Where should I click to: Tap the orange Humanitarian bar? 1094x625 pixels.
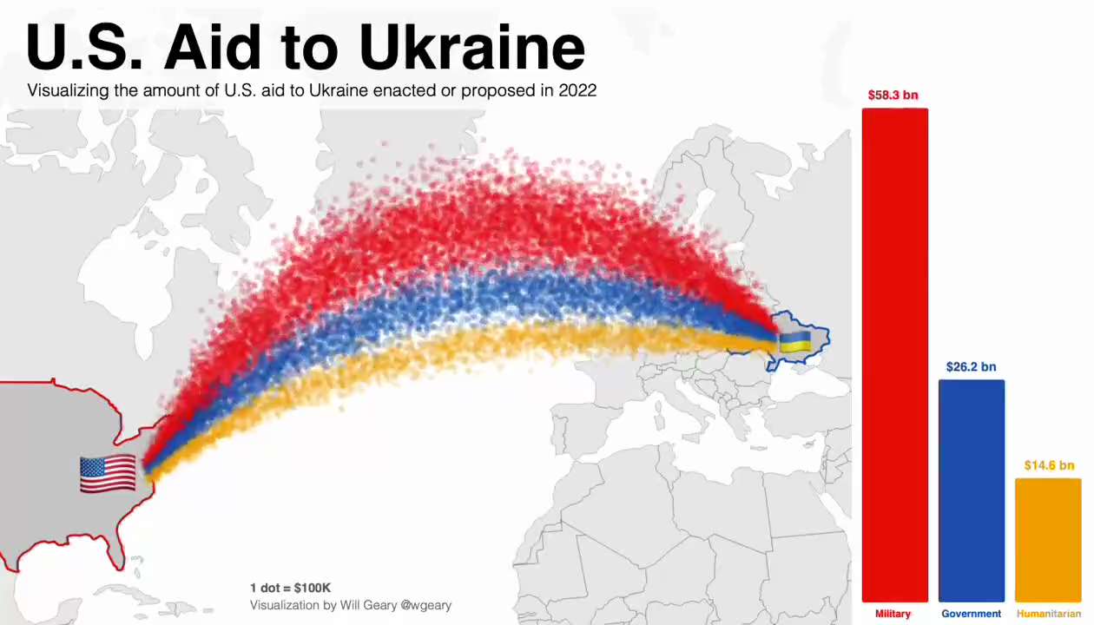[1048, 539]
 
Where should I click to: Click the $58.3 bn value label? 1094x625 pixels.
[893, 95]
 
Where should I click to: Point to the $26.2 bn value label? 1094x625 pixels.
[971, 367]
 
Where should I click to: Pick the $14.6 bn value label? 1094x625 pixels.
[1049, 465]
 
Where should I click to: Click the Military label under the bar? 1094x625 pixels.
[893, 614]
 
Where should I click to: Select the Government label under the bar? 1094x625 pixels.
[971, 614]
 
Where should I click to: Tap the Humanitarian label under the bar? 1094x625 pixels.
[1049, 614]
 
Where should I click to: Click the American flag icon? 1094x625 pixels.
[108, 474]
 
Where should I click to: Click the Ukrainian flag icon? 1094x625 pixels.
[794, 341]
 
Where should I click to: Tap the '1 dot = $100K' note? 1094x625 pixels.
[290, 588]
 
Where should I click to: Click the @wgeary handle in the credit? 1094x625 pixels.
[425, 605]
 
